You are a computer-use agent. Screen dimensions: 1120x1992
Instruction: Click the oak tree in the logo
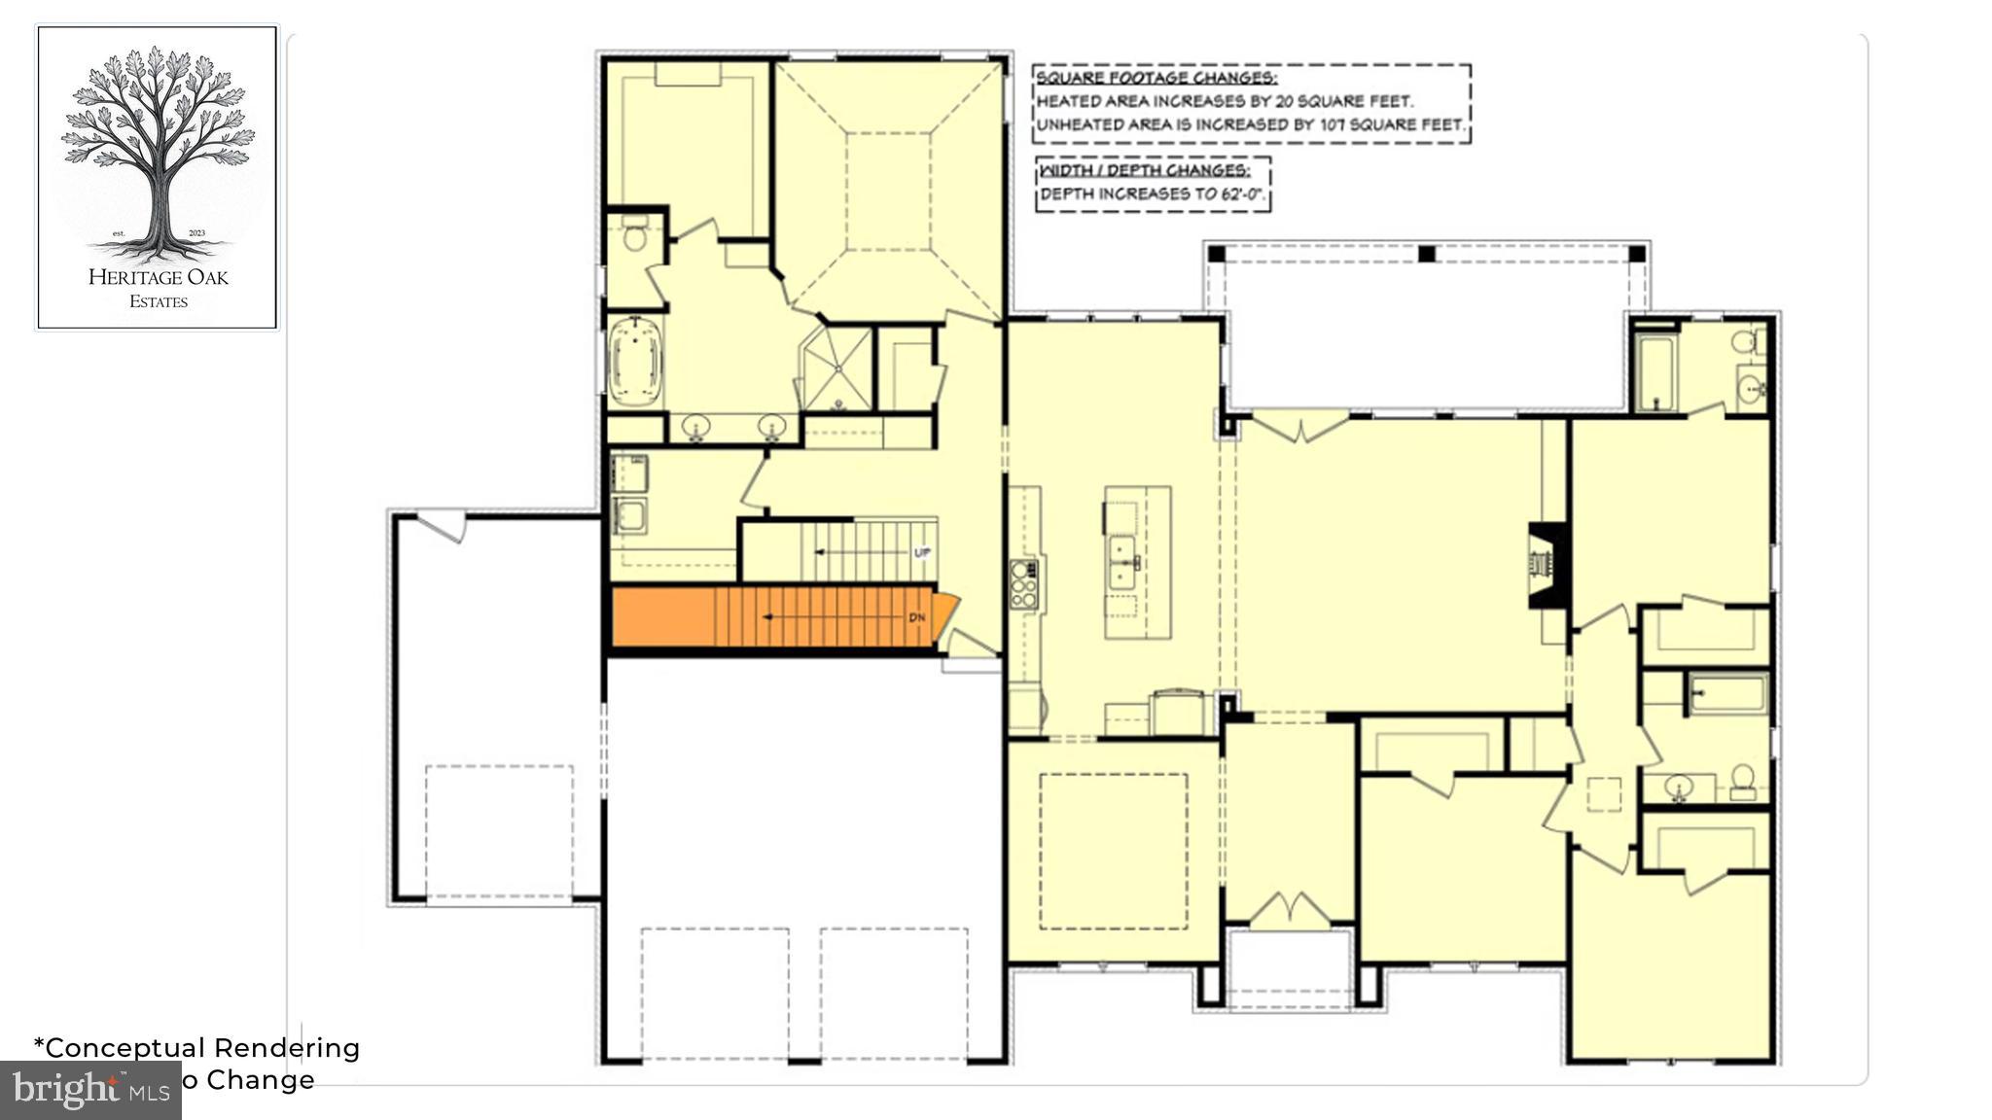(158, 146)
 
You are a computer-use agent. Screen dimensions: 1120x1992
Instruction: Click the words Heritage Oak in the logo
(158, 277)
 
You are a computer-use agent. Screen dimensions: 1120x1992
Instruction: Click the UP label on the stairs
(922, 552)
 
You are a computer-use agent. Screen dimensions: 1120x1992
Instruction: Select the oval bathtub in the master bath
(634, 362)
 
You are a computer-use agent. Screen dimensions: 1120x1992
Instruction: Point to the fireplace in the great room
(1547, 566)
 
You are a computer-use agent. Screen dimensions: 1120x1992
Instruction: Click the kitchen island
(1137, 562)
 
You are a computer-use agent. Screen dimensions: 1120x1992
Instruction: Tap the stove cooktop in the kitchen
(1022, 583)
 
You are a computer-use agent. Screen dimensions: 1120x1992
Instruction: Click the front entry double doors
(1289, 910)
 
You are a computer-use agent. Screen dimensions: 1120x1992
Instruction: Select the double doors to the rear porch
(1299, 426)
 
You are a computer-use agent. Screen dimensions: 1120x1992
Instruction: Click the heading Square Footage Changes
(1156, 78)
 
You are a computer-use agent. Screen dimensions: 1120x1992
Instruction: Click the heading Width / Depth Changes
(1145, 170)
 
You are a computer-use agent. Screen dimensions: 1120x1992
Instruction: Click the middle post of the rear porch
(1427, 254)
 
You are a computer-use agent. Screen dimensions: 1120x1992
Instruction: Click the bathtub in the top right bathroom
(1654, 371)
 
